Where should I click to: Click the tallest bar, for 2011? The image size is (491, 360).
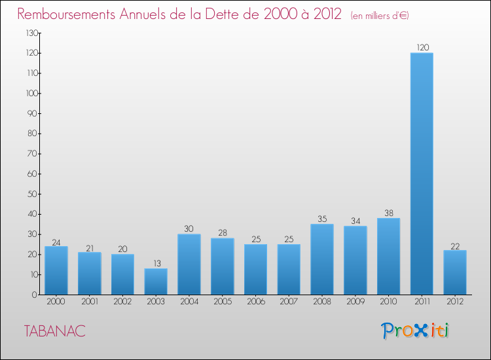422,173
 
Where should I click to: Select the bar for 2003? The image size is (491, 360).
156,281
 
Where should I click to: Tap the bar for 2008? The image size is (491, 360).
322,259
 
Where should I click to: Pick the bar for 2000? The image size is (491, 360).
56,270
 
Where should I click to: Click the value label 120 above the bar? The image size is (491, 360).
422,48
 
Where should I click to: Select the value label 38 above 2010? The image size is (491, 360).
389,213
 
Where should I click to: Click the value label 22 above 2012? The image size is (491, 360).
455,246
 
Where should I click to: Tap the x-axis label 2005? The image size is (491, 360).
223,301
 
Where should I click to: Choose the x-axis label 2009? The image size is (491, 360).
355,301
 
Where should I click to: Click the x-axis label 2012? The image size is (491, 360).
455,301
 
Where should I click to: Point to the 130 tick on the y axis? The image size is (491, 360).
31,33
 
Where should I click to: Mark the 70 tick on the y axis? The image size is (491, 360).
33,154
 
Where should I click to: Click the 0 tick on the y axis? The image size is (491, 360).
35,295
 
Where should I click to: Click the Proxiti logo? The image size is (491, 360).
415,331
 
